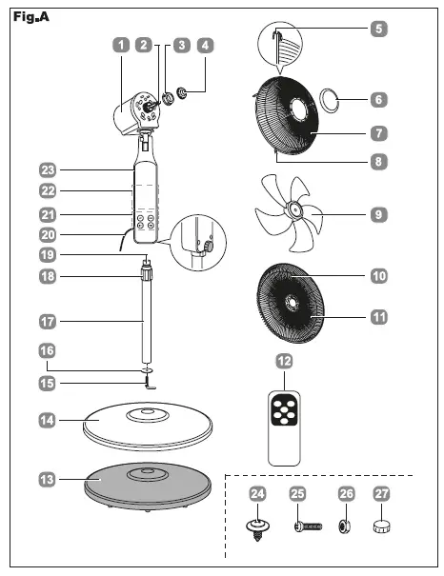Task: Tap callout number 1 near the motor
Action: pyautogui.click(x=120, y=44)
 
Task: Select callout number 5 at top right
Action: pyautogui.click(x=377, y=28)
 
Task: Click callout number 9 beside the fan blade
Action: pyautogui.click(x=377, y=214)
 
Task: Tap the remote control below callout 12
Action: pyautogui.click(x=283, y=425)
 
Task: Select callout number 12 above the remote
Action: pyautogui.click(x=283, y=361)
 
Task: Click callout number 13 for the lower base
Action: pyautogui.click(x=47, y=479)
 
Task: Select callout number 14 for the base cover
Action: pyautogui.click(x=47, y=419)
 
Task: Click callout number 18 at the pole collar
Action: pyautogui.click(x=47, y=276)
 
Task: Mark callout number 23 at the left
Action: pyautogui.click(x=47, y=169)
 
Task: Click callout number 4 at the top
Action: pyautogui.click(x=203, y=44)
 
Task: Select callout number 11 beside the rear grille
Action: pyautogui.click(x=377, y=316)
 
